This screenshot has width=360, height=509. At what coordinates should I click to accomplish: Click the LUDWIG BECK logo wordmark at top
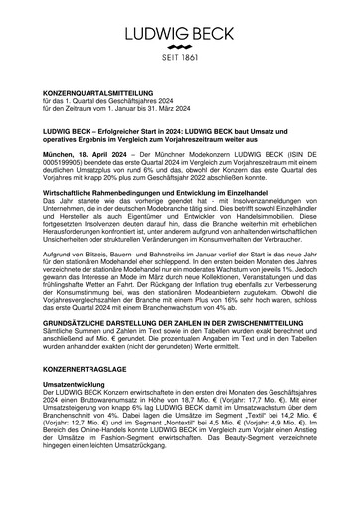(x=179, y=21)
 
